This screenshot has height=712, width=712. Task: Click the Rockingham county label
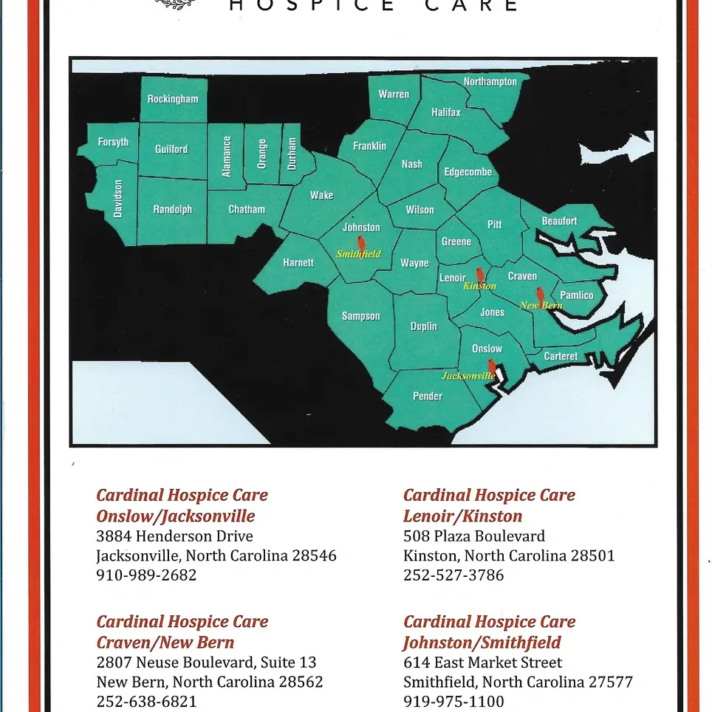coord(173,99)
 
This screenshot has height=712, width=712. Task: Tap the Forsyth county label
coord(113,142)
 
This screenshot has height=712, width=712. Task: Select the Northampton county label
coord(490,82)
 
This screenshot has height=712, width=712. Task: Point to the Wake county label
coord(321,195)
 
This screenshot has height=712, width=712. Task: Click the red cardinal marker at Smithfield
coord(361,244)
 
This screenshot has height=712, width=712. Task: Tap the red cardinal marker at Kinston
coord(480,275)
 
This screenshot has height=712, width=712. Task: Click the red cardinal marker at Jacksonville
coord(492,366)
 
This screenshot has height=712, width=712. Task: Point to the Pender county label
coord(428,396)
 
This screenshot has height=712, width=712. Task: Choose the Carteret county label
coord(561,356)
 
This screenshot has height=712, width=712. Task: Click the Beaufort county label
coord(559,221)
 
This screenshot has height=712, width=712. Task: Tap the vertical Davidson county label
coord(117,198)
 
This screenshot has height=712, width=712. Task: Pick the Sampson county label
coord(360,316)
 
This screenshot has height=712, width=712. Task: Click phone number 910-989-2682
coord(146,575)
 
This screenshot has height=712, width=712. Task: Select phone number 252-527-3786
coord(453,575)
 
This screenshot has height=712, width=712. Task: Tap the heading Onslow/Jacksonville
coord(176,516)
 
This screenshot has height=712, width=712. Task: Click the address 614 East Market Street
coord(482,663)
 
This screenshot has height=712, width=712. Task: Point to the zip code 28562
coord(298,682)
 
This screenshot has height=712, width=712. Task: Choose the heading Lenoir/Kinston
coord(462,516)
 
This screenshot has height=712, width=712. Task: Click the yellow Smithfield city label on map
coord(359,254)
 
